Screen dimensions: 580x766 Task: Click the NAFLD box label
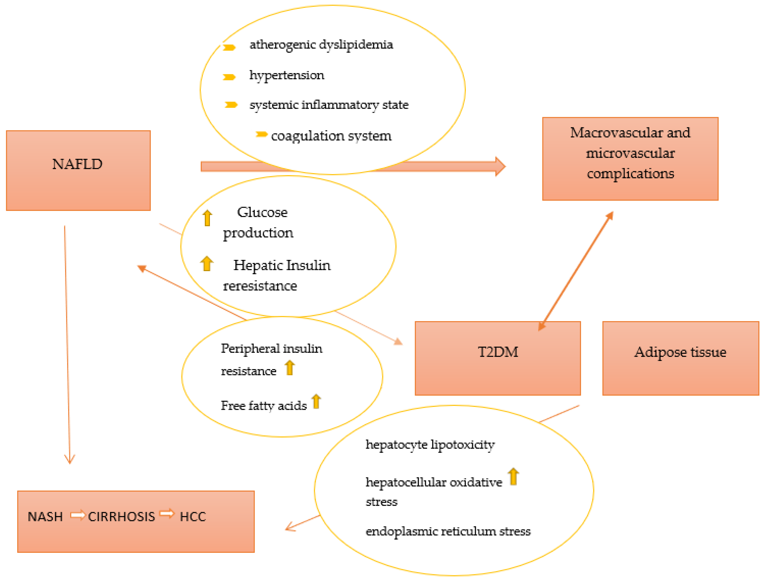pyautogui.click(x=77, y=164)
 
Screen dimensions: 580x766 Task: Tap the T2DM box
pyautogui.click(x=498, y=352)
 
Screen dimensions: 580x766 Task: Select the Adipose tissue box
pyautogui.click(x=680, y=352)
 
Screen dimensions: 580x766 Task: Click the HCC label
pyautogui.click(x=193, y=517)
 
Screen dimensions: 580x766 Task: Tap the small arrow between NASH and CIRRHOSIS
pyautogui.click(x=78, y=515)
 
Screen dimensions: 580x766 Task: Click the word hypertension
pyautogui.click(x=287, y=75)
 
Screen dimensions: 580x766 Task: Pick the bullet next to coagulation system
pyautogui.click(x=262, y=134)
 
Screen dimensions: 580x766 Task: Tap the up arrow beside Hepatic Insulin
pyautogui.click(x=207, y=264)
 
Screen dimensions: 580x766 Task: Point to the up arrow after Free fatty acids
pyautogui.click(x=316, y=401)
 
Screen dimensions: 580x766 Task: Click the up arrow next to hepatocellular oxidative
pyautogui.click(x=513, y=476)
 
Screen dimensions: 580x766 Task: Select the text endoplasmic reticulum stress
pyautogui.click(x=448, y=531)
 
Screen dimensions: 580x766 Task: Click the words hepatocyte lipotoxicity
pyautogui.click(x=430, y=445)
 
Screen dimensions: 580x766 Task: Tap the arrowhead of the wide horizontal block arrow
pyautogui.click(x=500, y=166)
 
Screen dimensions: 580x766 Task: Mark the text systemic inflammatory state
pyautogui.click(x=329, y=105)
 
